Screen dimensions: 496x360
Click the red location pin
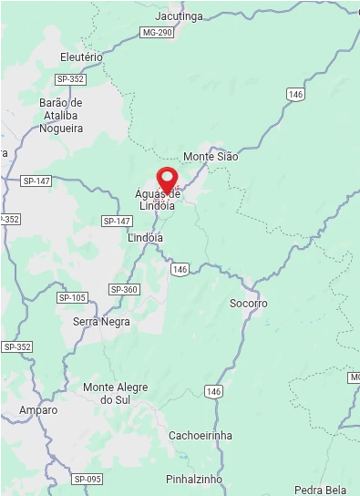(167, 179)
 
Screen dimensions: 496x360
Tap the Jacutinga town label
(179, 16)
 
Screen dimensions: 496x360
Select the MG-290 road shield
(157, 33)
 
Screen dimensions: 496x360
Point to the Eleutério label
(81, 57)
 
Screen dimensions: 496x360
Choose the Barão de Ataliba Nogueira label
(61, 116)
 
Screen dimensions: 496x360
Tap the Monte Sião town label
(210, 157)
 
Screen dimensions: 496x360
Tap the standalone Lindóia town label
(145, 237)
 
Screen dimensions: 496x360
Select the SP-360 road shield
(124, 289)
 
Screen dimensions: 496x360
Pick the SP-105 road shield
(72, 298)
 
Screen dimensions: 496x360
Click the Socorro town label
(248, 303)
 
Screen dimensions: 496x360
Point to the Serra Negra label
(101, 322)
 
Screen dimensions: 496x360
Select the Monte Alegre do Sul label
(115, 393)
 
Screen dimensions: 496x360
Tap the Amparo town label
(38, 410)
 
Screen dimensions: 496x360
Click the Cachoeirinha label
(200, 435)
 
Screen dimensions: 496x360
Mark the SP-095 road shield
(87, 479)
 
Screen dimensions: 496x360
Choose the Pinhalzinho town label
(194, 479)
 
